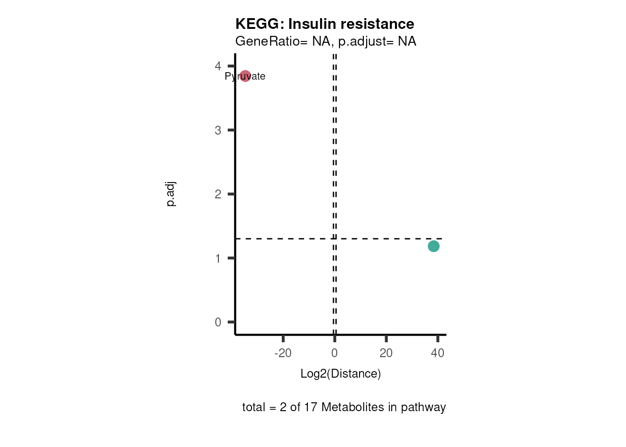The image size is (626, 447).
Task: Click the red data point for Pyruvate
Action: coord(245,76)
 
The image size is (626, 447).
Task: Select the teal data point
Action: coord(434,246)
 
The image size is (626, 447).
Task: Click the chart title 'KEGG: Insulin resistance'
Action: coord(325,24)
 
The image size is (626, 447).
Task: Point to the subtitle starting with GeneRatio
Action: coord(326,41)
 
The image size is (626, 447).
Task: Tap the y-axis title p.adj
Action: coord(171,194)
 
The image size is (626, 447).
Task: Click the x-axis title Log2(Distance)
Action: coord(340,373)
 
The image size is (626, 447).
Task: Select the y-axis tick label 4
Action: coord(218,66)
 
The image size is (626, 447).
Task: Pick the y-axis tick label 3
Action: coord(218,130)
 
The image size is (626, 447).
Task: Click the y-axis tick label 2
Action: coord(218,194)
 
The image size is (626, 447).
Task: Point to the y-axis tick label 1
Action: coord(218,258)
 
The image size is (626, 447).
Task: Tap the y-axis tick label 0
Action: coord(218,322)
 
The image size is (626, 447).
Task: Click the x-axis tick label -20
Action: coord(283,353)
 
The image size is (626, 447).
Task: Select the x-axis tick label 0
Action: coord(334,353)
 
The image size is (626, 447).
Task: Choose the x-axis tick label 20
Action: coord(386,353)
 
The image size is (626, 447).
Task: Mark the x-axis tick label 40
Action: coord(438,353)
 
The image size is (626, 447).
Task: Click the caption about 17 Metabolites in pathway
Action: coord(344,407)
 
